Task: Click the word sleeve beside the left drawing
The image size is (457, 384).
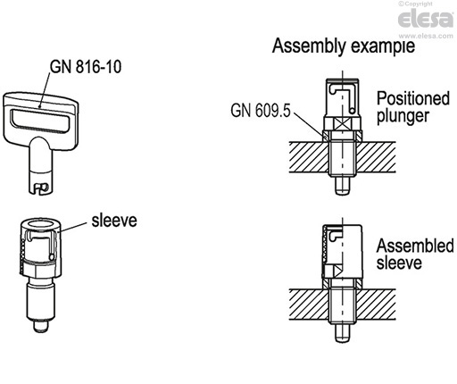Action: pos(112,217)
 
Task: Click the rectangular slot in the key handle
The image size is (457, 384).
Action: pos(50,116)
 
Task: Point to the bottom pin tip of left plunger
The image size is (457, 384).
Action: pos(41,328)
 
